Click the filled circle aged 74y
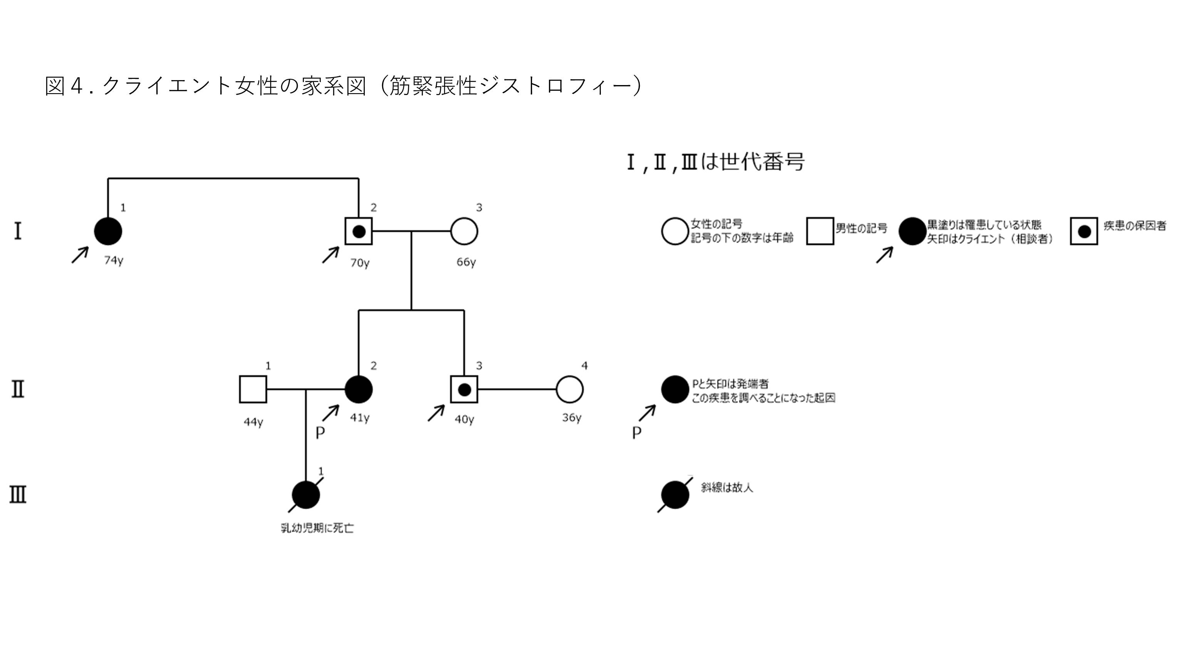(x=108, y=231)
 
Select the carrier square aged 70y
(x=359, y=231)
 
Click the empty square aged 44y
(x=253, y=390)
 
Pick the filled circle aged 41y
(x=359, y=390)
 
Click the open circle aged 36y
(x=569, y=390)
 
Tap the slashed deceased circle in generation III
(x=306, y=495)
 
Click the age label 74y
(x=114, y=260)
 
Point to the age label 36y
(x=572, y=418)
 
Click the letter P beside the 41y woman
(x=320, y=433)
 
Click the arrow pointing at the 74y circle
(x=80, y=255)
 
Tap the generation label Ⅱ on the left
(x=18, y=390)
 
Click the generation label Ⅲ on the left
(x=18, y=495)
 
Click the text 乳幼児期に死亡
(x=317, y=529)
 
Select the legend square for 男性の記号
(x=820, y=231)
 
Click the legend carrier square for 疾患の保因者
(x=1084, y=231)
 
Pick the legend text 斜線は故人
(x=726, y=488)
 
